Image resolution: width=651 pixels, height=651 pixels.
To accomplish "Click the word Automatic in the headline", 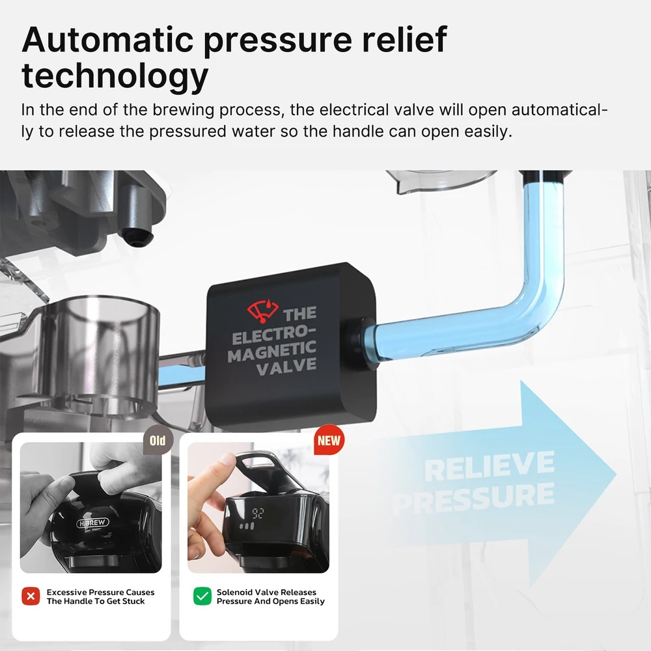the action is click(x=108, y=40).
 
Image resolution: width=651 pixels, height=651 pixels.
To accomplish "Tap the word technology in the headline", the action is click(x=115, y=77).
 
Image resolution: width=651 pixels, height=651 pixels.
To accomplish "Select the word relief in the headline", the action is click(x=404, y=39).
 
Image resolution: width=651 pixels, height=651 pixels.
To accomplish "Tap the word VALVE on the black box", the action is click(x=286, y=367).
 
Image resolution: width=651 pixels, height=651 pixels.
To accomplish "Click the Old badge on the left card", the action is click(x=158, y=440).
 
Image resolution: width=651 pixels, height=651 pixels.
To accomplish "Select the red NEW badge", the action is click(x=329, y=440).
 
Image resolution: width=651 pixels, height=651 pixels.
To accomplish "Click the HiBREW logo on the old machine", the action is click(x=92, y=523).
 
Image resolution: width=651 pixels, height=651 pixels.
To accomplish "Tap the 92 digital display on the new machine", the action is click(x=258, y=514).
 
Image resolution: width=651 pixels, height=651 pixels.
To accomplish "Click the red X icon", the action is click(x=31, y=596).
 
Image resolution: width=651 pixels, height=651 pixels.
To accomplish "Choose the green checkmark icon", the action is click(x=202, y=596).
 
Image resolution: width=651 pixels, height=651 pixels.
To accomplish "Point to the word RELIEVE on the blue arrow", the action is click(x=489, y=467).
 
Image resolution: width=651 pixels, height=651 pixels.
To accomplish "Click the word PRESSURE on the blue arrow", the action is click(x=473, y=497).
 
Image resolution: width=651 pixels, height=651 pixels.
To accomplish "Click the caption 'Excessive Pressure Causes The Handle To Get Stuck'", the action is click(x=100, y=596).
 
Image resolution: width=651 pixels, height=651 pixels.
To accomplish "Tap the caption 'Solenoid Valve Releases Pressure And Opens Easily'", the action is click(x=271, y=596).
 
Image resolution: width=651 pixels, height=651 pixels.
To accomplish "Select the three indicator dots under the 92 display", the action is click(x=247, y=527).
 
